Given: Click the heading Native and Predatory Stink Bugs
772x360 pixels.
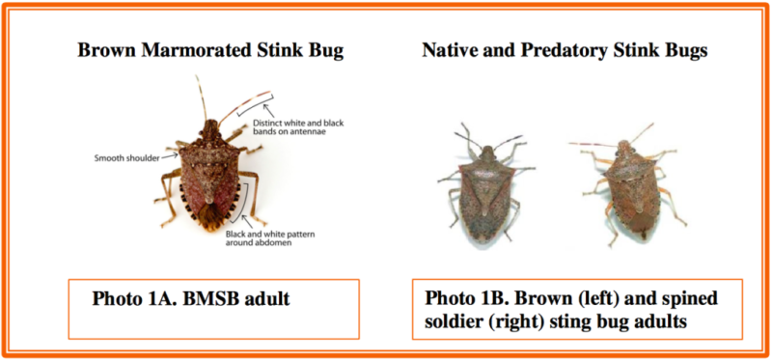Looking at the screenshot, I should pos(565,49).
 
